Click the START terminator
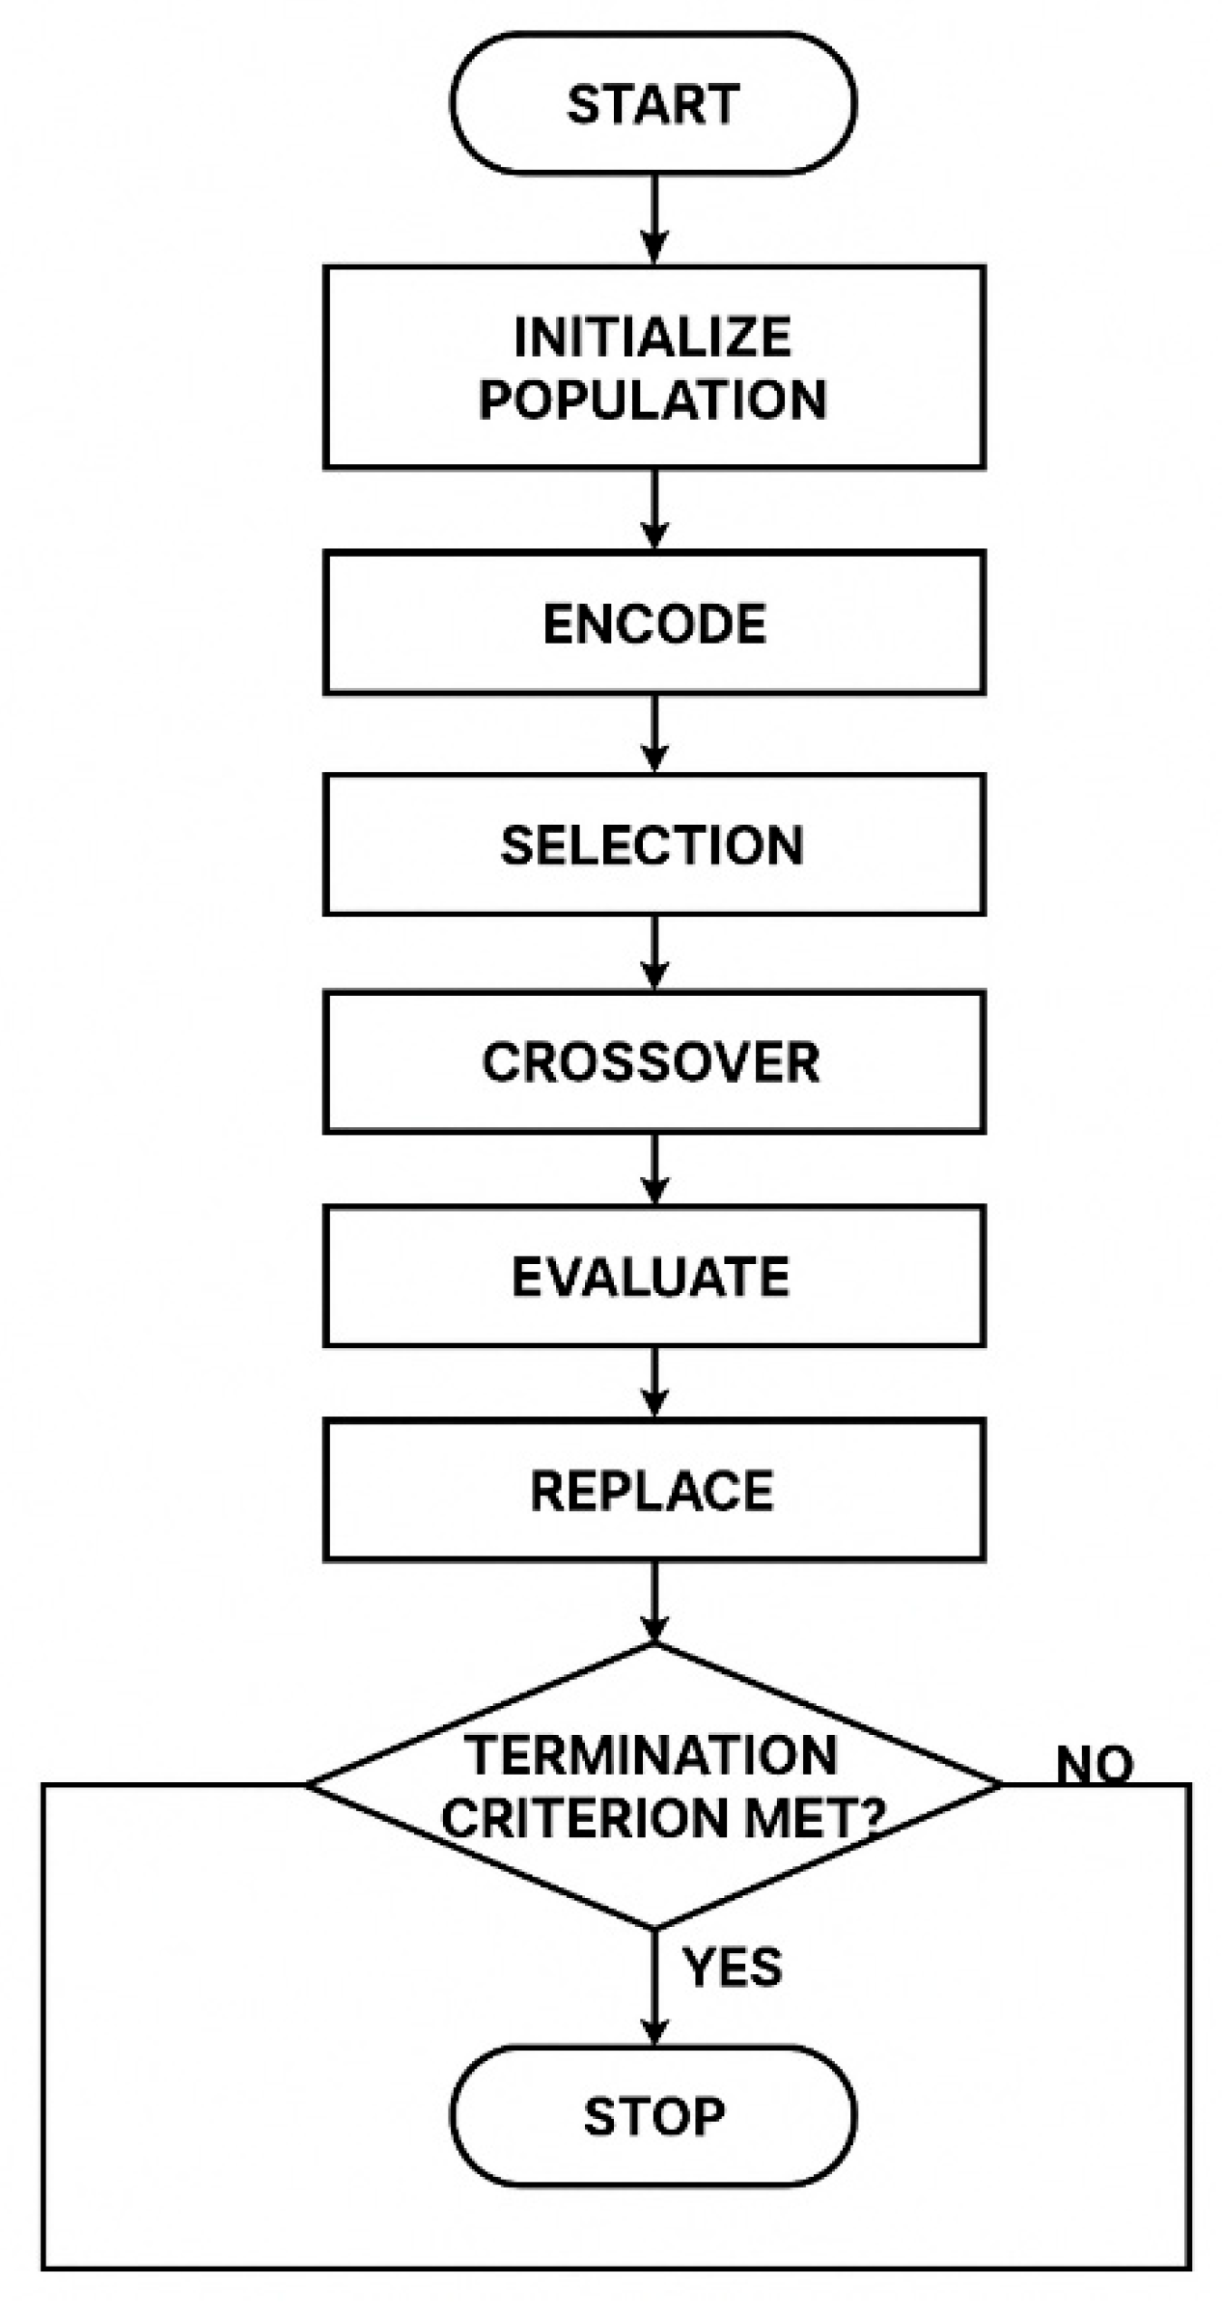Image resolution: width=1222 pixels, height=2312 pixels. point(653,103)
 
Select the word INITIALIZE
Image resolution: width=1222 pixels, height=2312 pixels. point(653,337)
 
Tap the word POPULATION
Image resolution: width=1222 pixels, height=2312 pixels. point(653,399)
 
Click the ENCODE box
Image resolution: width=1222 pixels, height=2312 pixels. point(653,622)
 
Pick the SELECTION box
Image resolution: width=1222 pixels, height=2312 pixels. point(653,844)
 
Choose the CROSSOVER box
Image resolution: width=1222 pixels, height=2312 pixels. point(653,1061)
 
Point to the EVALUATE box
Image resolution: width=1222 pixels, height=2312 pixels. point(653,1276)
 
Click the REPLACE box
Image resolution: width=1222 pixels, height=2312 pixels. point(653,1490)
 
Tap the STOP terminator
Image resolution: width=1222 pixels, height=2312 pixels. point(653,2116)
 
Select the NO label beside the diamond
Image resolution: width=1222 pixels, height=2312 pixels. point(1094,1765)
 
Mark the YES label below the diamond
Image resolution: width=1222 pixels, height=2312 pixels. point(732,1967)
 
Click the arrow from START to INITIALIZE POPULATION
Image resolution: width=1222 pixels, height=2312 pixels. point(654,220)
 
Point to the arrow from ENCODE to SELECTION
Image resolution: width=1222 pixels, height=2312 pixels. point(654,733)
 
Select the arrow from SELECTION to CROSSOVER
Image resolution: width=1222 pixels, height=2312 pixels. point(654,952)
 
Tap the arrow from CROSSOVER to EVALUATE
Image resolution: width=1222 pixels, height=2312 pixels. point(654,1169)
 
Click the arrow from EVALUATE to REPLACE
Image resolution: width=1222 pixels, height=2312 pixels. point(654,1383)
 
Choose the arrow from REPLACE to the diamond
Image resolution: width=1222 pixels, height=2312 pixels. point(654,1602)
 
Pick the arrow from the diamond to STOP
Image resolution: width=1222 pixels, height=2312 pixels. point(654,1988)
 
